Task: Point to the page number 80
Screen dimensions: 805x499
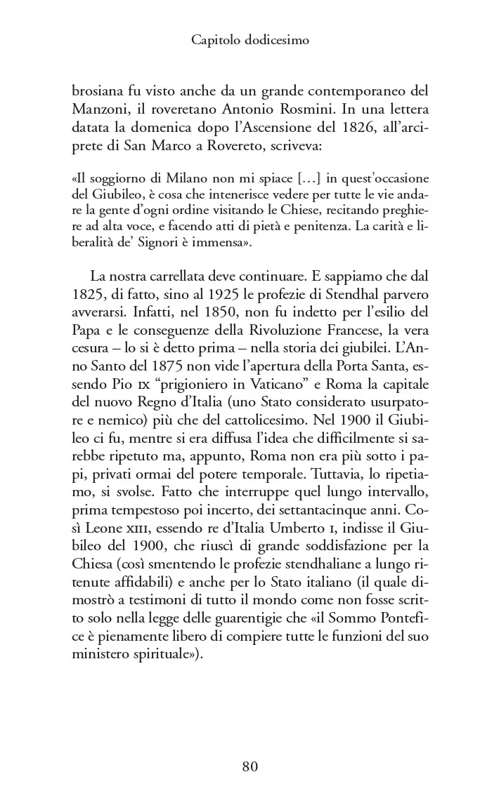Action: (x=250, y=766)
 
